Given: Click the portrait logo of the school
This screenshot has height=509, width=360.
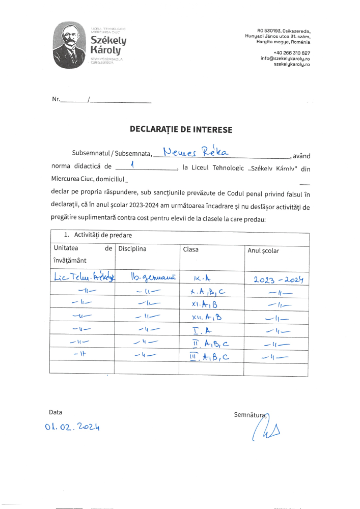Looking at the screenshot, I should (x=71, y=45).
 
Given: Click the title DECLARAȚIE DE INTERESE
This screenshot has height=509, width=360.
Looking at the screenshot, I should (x=181, y=130).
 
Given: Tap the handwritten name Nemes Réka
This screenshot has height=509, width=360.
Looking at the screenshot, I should (x=196, y=151).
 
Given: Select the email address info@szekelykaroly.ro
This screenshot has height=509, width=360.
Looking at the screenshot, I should (x=285, y=59).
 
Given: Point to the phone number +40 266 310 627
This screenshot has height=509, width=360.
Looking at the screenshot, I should (x=292, y=53).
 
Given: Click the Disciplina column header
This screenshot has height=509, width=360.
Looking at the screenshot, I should (x=132, y=249).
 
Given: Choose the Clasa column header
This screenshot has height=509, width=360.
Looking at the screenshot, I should (x=191, y=249).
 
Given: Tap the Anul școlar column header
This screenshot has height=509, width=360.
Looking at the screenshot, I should (x=263, y=250).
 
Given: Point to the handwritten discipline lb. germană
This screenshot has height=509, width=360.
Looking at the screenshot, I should (x=153, y=277).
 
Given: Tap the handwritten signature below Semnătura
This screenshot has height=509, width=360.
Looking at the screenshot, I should (x=264, y=432).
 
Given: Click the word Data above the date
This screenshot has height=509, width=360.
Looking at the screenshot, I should (x=56, y=412).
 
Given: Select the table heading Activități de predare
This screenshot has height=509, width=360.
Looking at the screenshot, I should (x=96, y=235).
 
